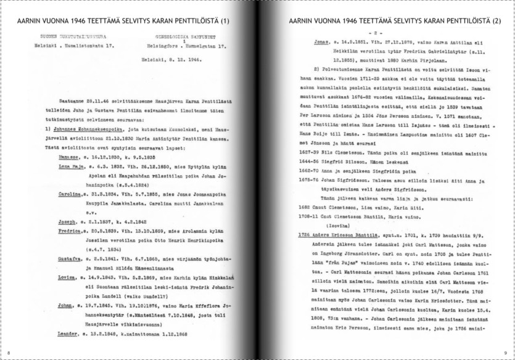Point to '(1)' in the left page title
[x=223, y=20]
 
